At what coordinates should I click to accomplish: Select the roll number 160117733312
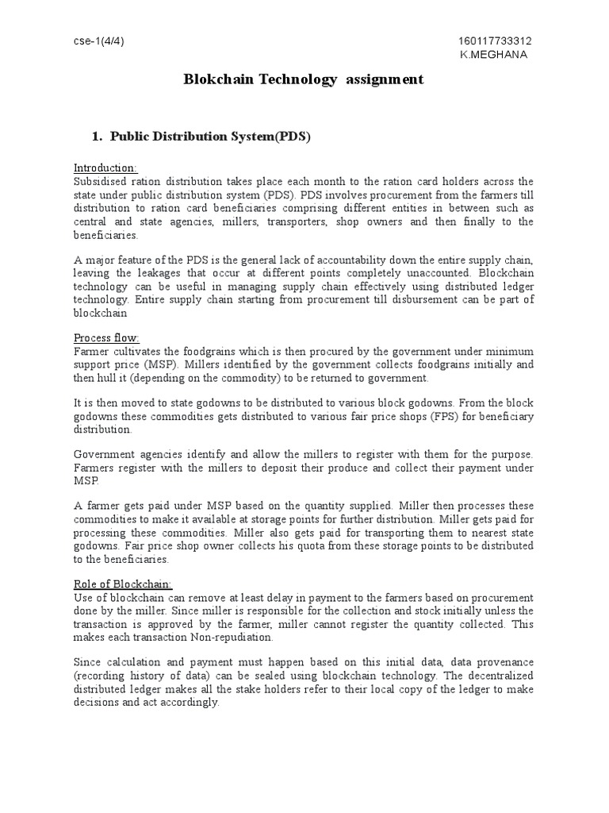(496, 41)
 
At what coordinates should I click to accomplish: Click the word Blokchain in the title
(220, 79)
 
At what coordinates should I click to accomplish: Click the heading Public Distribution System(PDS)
(210, 137)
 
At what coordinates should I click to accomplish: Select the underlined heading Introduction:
(105, 168)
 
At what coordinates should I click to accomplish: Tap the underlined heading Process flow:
(106, 338)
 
